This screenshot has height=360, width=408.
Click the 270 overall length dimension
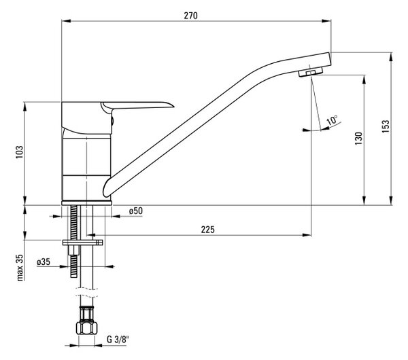click(190, 16)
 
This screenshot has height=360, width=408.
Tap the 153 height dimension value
click(386, 126)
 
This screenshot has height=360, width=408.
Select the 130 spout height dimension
click(358, 139)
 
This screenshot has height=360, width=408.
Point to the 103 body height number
click(20, 153)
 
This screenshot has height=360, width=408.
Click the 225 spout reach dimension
click(208, 230)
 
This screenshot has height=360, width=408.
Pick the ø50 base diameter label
click(136, 211)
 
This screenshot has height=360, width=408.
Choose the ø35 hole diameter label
click(44, 262)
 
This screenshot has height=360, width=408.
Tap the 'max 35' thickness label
click(20, 268)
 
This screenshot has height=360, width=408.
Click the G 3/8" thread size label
click(118, 339)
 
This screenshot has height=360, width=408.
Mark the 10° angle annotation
click(332, 120)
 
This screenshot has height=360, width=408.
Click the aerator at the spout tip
click(311, 71)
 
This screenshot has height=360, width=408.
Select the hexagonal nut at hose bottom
click(86, 328)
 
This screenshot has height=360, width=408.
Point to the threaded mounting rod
click(73, 241)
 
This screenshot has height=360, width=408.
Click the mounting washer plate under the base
click(82, 242)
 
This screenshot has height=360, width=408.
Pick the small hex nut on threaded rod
click(73, 250)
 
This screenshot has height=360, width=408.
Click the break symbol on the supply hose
click(86, 293)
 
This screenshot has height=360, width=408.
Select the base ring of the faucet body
click(86, 203)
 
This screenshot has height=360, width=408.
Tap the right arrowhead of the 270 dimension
click(327, 21)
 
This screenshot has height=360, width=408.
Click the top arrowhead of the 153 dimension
click(391, 57)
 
